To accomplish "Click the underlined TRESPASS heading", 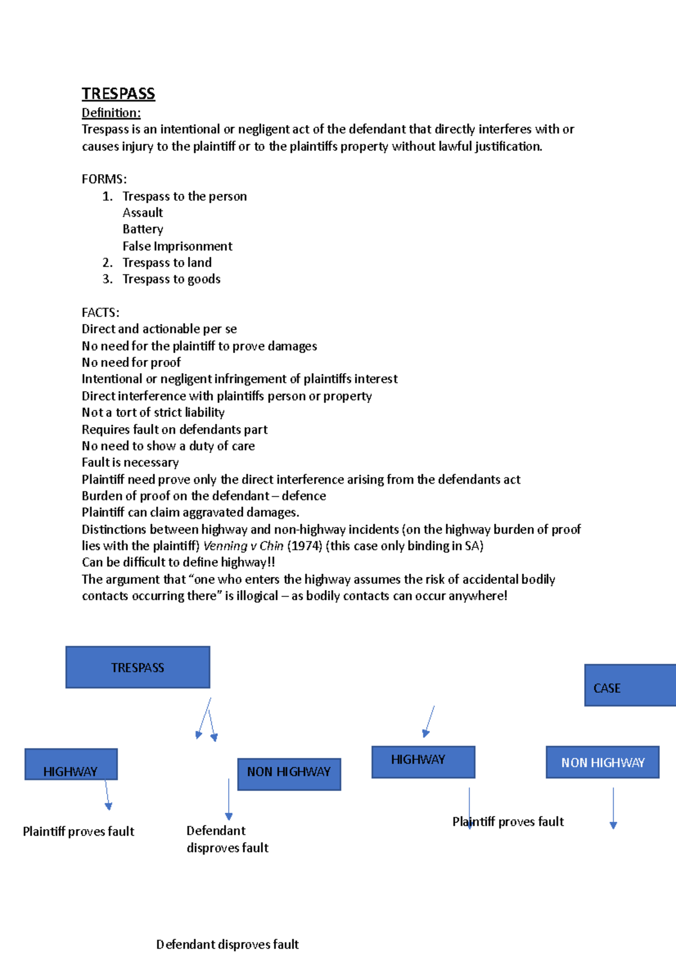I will (118, 94).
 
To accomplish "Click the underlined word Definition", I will (111, 113).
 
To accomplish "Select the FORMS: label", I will (104, 179).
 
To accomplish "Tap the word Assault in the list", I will (143, 212).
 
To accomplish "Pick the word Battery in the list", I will (143, 229).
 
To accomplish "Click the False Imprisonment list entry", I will (177, 246).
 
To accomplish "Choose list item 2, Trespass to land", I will (167, 263).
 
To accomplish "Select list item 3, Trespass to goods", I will (171, 279).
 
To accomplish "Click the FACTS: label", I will (100, 312).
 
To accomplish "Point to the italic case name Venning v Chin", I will (243, 546).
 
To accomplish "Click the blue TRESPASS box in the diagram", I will (137, 667).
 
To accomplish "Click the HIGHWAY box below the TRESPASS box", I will (71, 765).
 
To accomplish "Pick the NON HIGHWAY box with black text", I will (289, 774).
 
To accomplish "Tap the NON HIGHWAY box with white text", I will (602, 763).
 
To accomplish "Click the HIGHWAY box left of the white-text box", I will (423, 762).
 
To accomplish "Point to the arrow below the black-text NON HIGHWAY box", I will (229, 799).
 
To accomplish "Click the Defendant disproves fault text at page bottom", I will (227, 944).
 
